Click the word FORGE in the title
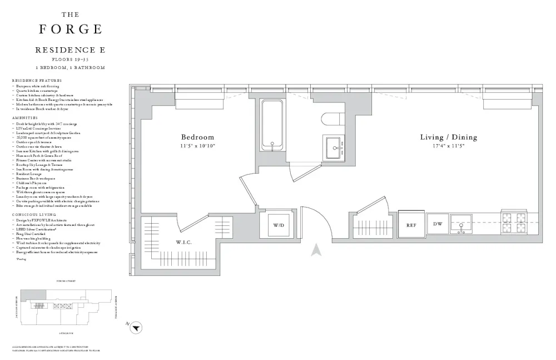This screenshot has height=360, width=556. (x=70, y=29)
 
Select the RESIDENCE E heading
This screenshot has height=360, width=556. (x=70, y=50)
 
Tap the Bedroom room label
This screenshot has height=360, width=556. (x=197, y=137)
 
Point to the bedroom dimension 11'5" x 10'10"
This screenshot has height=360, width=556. (x=197, y=146)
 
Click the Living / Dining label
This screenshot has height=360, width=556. (x=448, y=137)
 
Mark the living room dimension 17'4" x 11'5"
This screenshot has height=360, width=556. (x=448, y=146)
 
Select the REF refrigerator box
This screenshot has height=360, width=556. (x=411, y=225)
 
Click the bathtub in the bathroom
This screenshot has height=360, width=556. (x=272, y=126)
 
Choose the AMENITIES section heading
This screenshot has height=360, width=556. (x=23, y=118)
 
